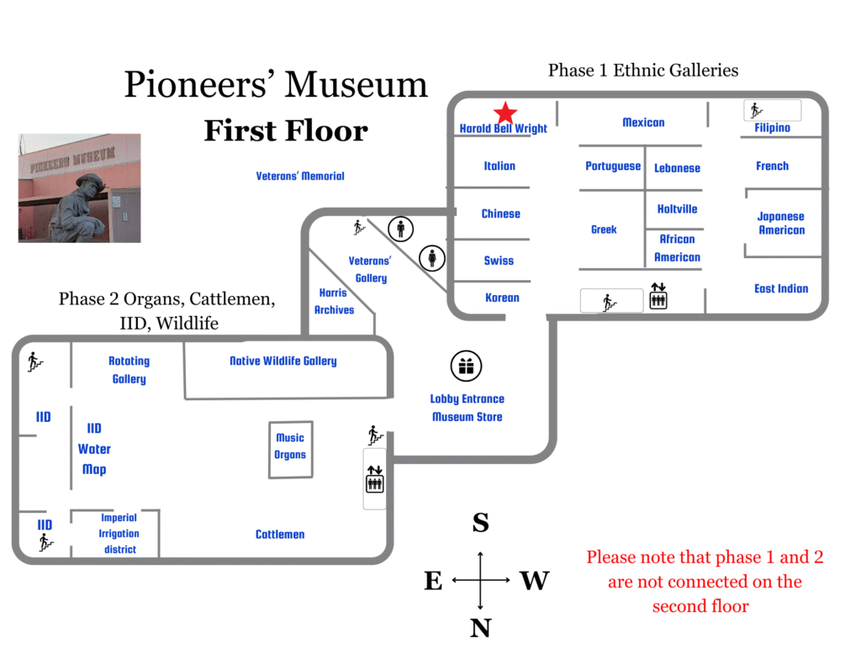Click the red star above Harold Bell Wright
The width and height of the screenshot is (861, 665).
[x=504, y=113]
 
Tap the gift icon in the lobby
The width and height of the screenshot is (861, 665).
[x=466, y=366]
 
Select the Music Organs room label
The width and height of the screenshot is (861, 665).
[x=290, y=446]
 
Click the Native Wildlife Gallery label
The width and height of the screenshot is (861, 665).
[x=283, y=361]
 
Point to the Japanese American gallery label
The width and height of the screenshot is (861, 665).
[x=781, y=223]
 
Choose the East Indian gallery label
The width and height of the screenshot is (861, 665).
[x=781, y=288]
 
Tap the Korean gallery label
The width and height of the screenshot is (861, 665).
[x=502, y=298]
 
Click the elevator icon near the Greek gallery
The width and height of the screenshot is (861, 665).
[x=658, y=298]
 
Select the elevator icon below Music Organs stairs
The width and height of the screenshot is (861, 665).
[x=374, y=479]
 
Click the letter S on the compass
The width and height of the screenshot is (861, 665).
[x=480, y=523]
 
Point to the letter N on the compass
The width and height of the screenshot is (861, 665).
[x=480, y=628]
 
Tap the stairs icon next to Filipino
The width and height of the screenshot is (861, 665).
[x=756, y=110]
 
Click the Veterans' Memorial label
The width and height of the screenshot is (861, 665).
[x=300, y=176]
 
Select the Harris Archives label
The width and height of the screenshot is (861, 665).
[x=334, y=301]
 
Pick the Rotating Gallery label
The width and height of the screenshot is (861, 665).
[x=129, y=370]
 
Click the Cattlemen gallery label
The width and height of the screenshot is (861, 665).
[x=280, y=534]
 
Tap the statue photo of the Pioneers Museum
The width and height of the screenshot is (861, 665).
[x=79, y=188]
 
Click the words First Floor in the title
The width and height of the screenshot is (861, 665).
[x=286, y=131]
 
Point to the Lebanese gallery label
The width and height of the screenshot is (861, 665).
[x=677, y=168]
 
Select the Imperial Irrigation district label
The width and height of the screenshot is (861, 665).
[x=119, y=534]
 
